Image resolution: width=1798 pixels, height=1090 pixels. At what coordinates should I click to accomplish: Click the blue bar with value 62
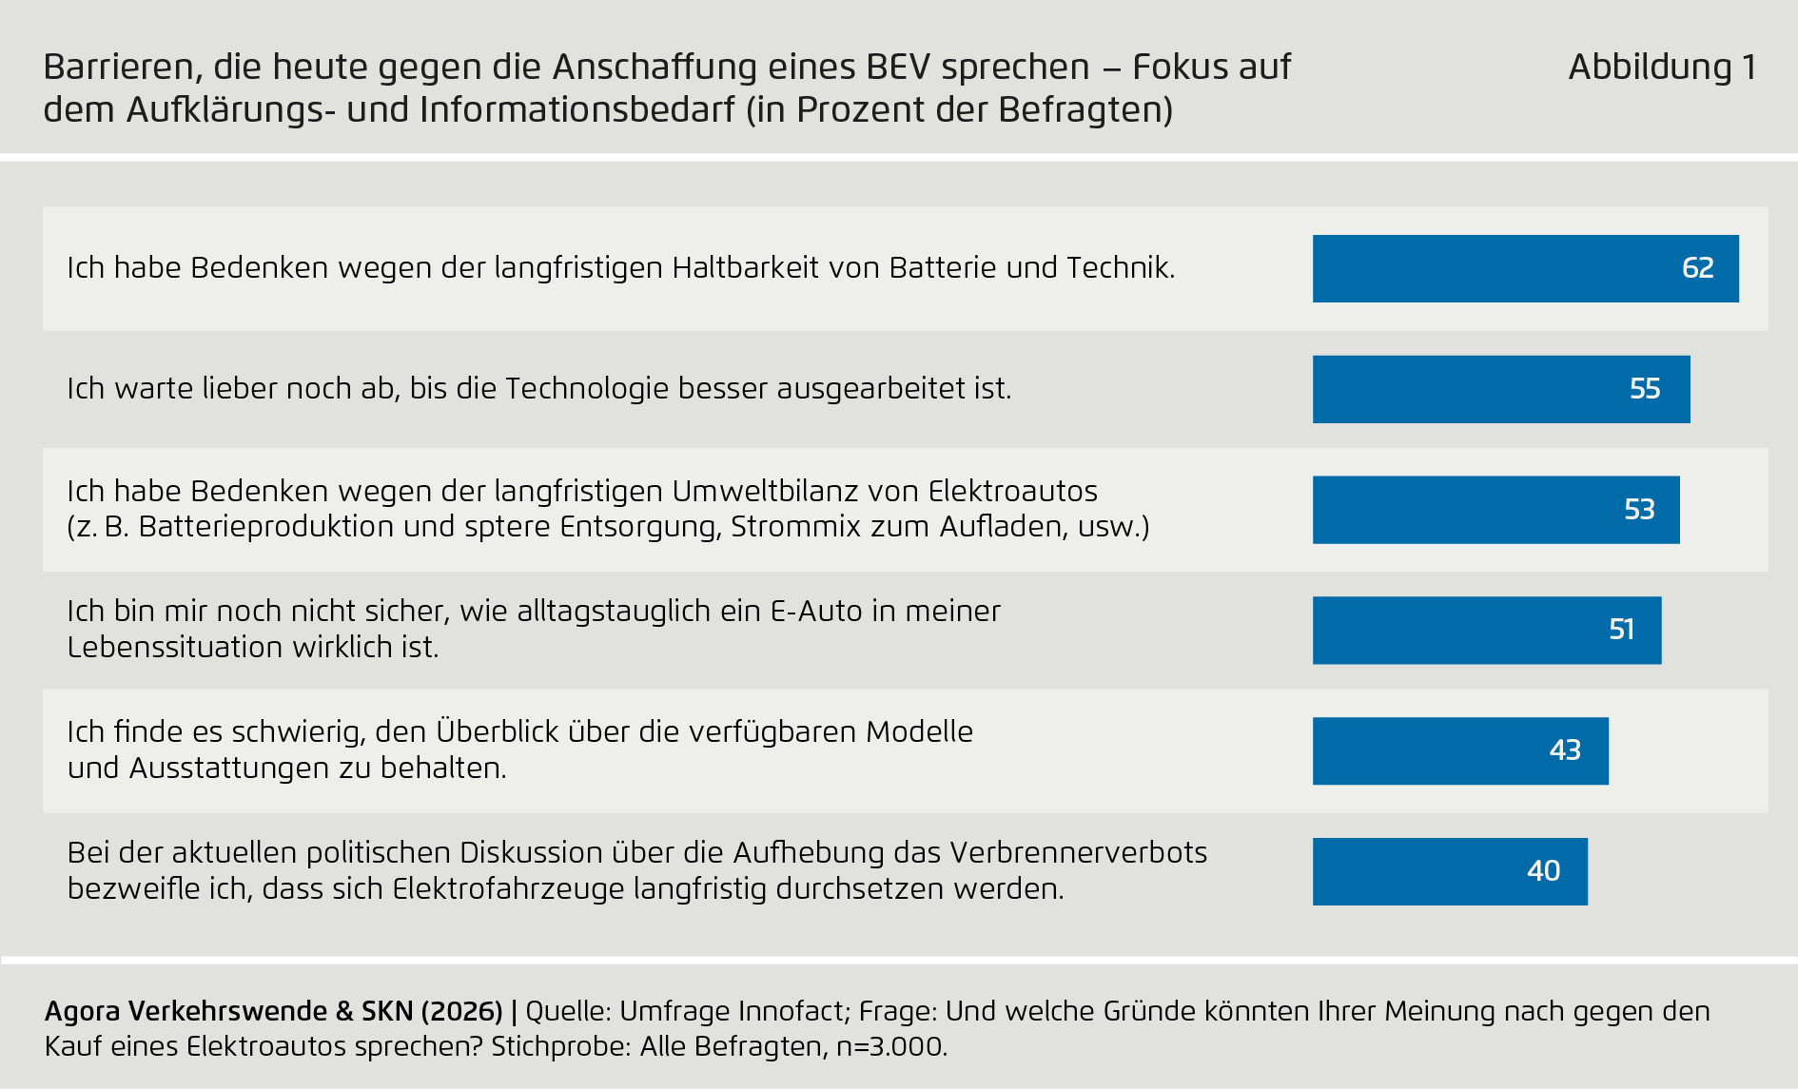[x=1525, y=268]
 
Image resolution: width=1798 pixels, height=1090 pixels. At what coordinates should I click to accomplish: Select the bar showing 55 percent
[x=1500, y=389]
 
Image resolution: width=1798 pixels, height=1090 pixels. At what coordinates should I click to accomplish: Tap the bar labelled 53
[x=1495, y=510]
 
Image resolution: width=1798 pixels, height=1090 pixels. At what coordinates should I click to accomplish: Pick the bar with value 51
[x=1486, y=630]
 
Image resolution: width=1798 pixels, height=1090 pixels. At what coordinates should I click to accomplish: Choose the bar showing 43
[x=1459, y=750]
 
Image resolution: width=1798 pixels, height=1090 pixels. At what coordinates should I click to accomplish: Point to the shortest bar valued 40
[x=1449, y=871]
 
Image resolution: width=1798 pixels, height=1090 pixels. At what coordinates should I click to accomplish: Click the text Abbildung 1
[x=1661, y=67]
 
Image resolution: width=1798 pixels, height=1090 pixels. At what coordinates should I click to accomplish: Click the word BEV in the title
[x=898, y=67]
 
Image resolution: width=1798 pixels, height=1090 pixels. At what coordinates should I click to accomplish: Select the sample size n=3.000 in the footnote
[x=890, y=1047]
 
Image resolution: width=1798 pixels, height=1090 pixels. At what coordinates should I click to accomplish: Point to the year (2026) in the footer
[x=461, y=1011]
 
